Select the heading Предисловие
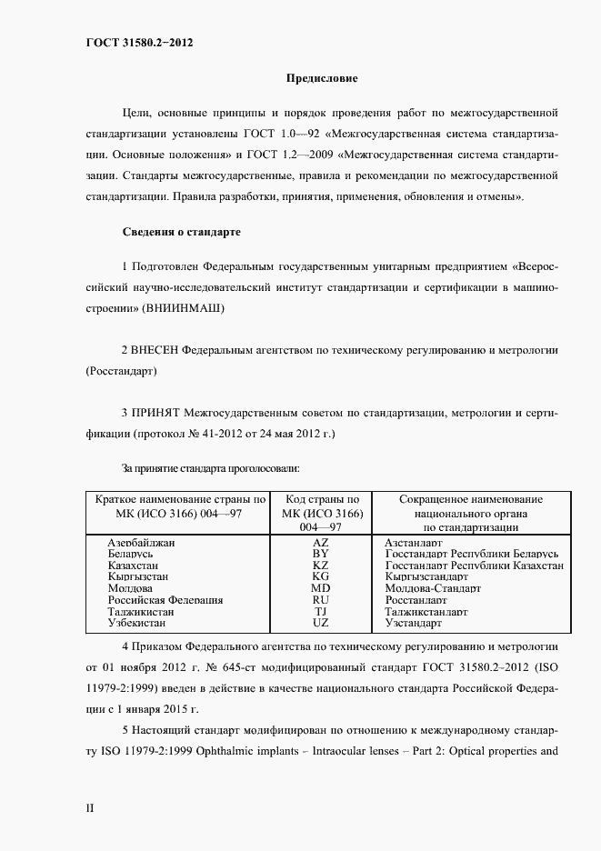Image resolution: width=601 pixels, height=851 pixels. (x=323, y=79)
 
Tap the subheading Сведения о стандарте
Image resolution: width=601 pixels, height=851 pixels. (x=181, y=232)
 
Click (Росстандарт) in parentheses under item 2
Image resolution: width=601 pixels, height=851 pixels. (x=121, y=372)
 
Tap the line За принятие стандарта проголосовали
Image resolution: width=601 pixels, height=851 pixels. (x=211, y=468)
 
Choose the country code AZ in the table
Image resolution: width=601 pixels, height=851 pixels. (x=321, y=542)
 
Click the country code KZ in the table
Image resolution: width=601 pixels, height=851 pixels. (x=321, y=566)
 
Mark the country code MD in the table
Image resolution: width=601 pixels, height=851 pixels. (x=321, y=588)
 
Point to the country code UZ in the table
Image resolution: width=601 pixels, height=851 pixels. (x=321, y=623)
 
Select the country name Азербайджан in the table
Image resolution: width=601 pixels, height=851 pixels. (x=141, y=542)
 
